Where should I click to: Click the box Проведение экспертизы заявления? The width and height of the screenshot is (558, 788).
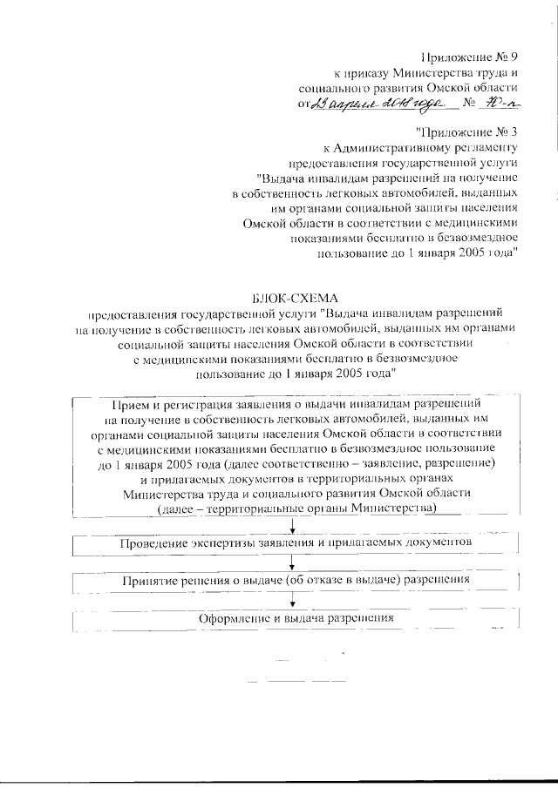[296, 542]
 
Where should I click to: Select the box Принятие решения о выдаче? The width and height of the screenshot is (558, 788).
[296, 579]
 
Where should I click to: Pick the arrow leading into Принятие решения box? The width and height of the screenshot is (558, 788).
[296, 562]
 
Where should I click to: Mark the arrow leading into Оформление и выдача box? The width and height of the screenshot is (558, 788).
[296, 600]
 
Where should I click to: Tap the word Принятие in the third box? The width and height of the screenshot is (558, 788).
[150, 579]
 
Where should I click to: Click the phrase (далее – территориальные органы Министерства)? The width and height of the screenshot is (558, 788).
[296, 507]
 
